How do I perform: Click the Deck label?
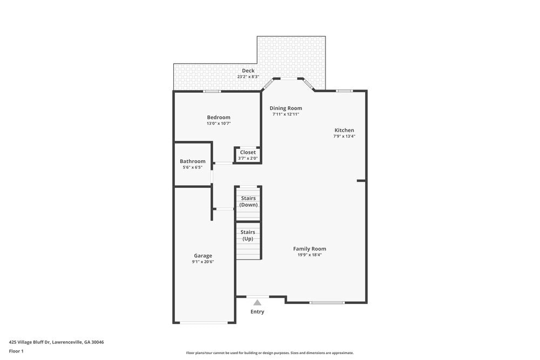pos(248,71)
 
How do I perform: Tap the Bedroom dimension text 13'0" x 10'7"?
pos(218,124)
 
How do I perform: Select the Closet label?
pos(248,152)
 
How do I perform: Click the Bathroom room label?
pos(192,161)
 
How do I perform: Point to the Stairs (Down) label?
pos(248,201)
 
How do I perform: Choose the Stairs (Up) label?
pos(248,235)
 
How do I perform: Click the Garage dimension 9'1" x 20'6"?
pos(203,262)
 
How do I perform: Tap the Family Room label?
pos(309,249)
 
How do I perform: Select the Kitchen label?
pos(344,130)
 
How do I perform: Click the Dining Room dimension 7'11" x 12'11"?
pos(286,114)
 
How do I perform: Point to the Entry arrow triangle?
pos(258,303)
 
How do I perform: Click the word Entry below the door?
pos(258,311)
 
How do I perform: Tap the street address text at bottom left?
pos(56,342)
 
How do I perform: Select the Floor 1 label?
pos(16,351)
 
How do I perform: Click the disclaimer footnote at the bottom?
pos(270,353)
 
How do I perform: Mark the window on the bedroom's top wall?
pos(212,91)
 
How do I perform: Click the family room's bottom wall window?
pos(327,303)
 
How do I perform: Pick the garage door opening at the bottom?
pos(204,323)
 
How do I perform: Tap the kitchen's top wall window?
pos(344,91)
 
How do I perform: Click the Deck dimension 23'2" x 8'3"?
pos(248,77)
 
